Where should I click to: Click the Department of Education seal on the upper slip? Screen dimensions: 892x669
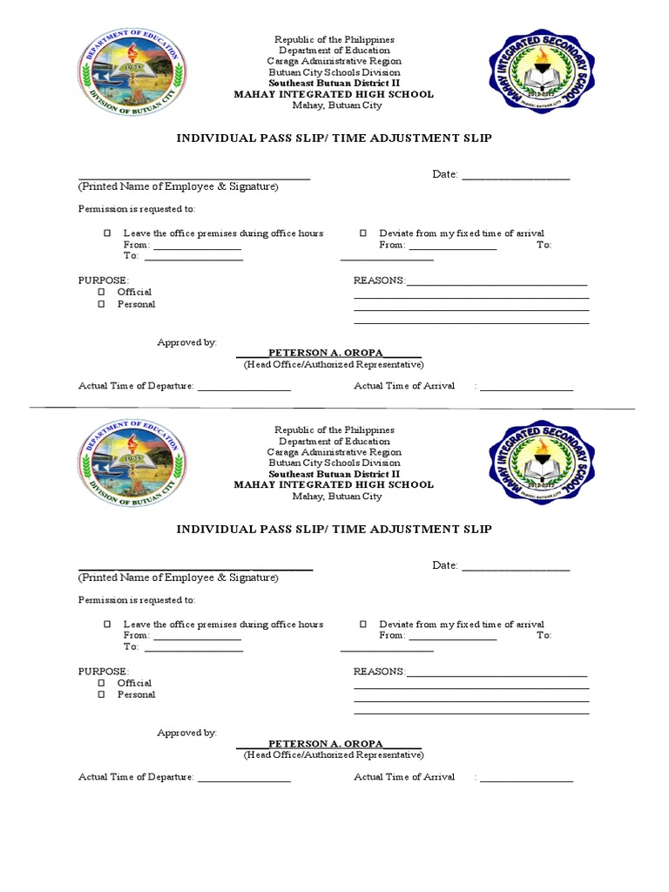click(x=132, y=73)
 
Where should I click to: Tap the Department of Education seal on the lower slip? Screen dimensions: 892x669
click(x=132, y=463)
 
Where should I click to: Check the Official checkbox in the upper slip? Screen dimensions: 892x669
click(x=101, y=292)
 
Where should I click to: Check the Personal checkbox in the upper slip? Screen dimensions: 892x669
click(x=101, y=304)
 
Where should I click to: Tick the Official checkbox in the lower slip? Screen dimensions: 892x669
click(x=101, y=683)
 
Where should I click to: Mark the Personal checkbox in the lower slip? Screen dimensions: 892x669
click(x=101, y=694)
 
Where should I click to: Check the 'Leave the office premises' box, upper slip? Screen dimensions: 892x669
click(x=107, y=233)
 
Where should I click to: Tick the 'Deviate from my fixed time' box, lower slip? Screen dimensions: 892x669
click(x=363, y=625)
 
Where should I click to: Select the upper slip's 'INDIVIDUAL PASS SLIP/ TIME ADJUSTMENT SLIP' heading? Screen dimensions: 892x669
click(x=334, y=139)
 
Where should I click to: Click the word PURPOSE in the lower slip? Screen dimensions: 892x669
click(x=104, y=672)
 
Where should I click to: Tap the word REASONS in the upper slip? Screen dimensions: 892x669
click(x=379, y=280)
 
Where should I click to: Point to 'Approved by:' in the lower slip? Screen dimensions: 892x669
click(x=186, y=733)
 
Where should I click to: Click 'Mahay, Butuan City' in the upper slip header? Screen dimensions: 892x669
click(x=335, y=105)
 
